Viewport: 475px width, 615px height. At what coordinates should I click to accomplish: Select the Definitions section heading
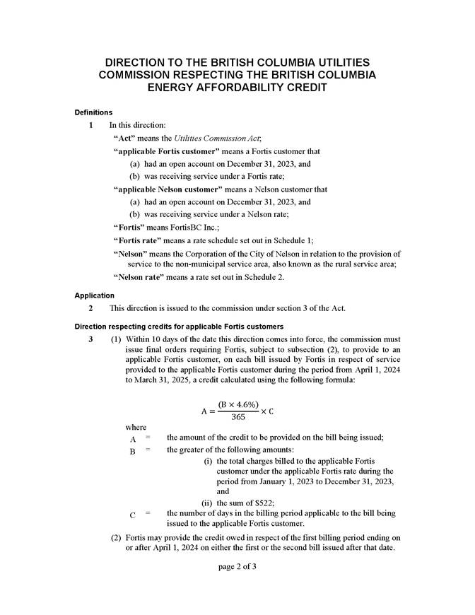(93, 112)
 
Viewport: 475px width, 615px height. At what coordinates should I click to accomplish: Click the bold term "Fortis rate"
(138, 240)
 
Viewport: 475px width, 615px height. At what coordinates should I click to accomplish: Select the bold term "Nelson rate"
(139, 278)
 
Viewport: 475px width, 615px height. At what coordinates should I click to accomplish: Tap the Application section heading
(95, 295)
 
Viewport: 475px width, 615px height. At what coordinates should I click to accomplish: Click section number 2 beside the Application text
(90, 308)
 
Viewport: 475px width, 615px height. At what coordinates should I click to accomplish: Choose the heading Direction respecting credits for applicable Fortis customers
(179, 326)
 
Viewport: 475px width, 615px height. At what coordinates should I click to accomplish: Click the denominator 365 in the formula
(238, 417)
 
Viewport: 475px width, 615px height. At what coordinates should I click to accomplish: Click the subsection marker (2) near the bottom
(117, 537)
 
